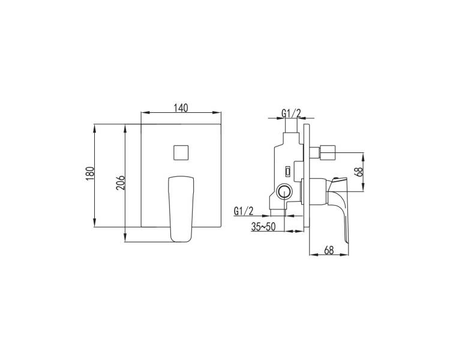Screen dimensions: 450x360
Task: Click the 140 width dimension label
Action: (x=181, y=108)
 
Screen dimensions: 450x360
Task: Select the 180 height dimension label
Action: (x=90, y=173)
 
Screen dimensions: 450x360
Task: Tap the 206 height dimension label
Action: (x=121, y=182)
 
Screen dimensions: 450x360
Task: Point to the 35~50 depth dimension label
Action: (x=263, y=227)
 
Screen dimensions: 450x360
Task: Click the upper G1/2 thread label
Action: (x=291, y=114)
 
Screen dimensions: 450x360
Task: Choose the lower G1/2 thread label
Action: (x=244, y=211)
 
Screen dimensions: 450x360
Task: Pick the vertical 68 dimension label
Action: (x=359, y=172)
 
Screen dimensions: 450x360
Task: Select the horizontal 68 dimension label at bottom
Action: (x=329, y=250)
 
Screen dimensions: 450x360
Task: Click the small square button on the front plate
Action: (x=181, y=152)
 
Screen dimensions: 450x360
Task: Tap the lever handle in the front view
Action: (x=181, y=209)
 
